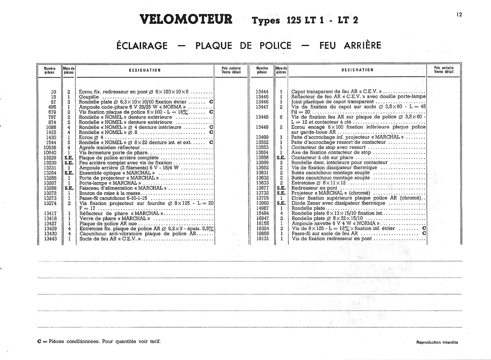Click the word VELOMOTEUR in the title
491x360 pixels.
(186, 19)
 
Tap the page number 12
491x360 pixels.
(459, 14)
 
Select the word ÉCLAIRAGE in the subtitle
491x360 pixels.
(142, 46)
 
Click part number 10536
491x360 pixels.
(50, 148)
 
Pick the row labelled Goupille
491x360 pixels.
(89, 97)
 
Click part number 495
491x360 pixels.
(52, 107)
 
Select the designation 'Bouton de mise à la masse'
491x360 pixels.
(110, 193)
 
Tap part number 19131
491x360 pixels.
(262, 239)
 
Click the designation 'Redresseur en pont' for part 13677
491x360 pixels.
(314, 188)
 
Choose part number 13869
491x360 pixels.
(262, 203)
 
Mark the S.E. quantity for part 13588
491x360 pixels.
(281, 157)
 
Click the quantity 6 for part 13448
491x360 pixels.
(281, 117)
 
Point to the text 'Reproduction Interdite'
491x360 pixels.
(437, 342)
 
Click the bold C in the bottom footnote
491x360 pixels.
(39, 341)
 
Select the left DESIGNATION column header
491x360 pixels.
(145, 70)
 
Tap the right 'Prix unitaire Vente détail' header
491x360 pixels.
(444, 70)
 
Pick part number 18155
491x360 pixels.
(262, 223)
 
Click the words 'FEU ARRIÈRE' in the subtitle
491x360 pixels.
(350, 46)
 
